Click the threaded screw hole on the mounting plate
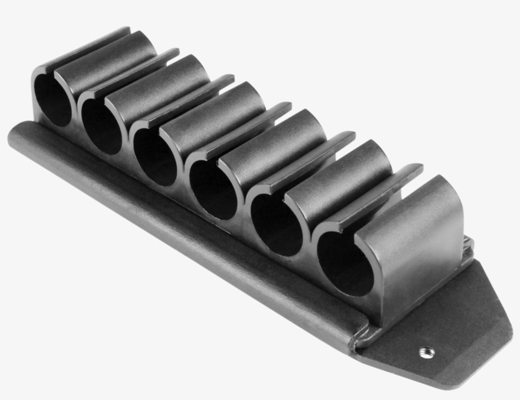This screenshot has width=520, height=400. point(425,351)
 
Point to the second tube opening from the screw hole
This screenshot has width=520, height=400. point(276,224)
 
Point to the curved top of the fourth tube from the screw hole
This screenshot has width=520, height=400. point(231,101)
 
